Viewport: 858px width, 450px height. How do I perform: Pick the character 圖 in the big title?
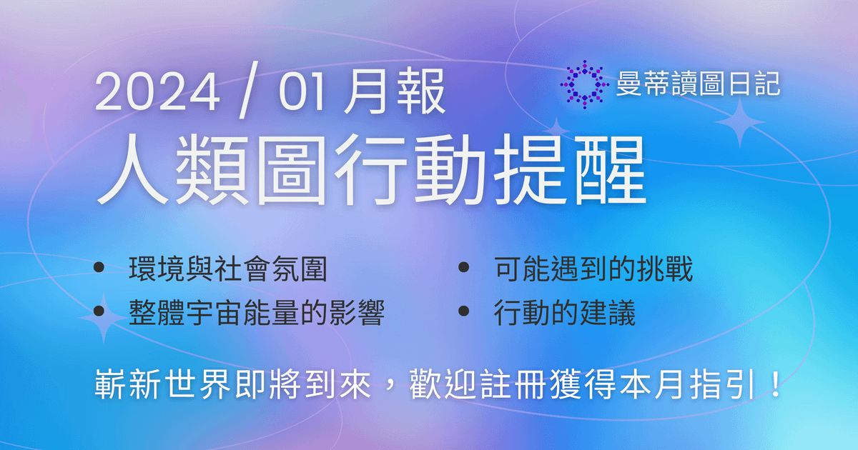(290, 171)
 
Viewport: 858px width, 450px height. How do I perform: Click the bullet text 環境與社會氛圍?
(228, 270)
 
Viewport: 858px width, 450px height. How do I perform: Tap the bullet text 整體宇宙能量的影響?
(257, 313)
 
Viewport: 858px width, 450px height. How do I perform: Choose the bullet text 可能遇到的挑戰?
(593, 270)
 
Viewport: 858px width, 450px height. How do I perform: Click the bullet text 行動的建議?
(564, 313)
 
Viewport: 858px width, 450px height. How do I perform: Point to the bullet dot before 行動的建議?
(464, 311)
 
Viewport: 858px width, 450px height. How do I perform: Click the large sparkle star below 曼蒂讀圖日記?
(740, 123)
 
